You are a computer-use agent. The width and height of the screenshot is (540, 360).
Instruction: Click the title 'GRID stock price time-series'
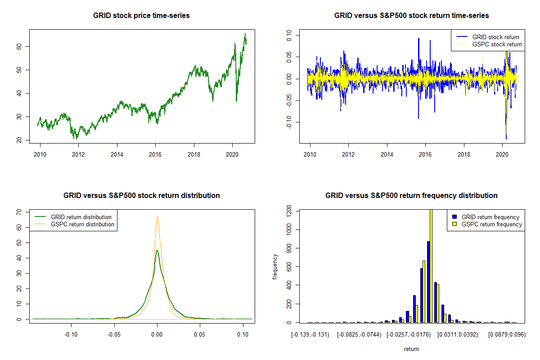[x=141, y=16]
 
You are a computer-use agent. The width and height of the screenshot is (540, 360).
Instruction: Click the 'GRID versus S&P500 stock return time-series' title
[x=411, y=16]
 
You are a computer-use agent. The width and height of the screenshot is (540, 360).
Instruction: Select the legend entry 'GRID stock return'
[x=495, y=37]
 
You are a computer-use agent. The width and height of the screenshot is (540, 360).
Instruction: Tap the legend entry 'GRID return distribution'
[x=81, y=217]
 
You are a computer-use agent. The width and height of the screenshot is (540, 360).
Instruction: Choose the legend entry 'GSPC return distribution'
[x=82, y=224]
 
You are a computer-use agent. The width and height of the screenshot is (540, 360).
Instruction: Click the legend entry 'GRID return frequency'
[x=490, y=217]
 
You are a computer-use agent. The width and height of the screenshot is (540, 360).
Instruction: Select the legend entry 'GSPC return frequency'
[x=491, y=224]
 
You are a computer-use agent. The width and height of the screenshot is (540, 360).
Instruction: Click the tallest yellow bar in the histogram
[x=431, y=266]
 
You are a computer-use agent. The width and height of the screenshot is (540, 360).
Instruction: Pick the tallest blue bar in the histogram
[x=428, y=282]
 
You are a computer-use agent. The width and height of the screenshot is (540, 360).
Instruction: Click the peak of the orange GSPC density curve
[x=157, y=216]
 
